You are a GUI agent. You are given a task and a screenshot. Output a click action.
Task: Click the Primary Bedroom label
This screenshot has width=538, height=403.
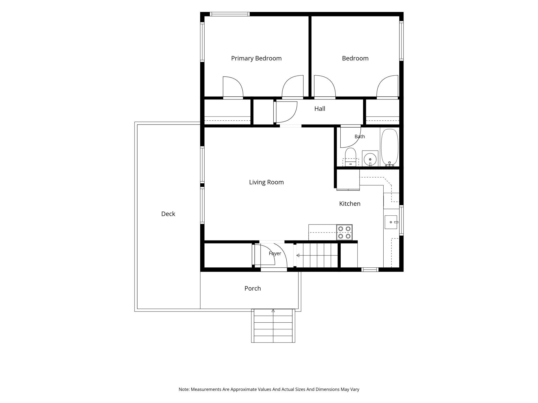[x=256, y=58]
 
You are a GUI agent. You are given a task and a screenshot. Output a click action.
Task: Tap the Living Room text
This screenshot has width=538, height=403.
[x=266, y=182]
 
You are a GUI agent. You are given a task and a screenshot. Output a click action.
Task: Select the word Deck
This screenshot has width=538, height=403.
[x=168, y=214]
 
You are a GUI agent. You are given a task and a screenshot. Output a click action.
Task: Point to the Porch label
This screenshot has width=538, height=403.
[x=253, y=288]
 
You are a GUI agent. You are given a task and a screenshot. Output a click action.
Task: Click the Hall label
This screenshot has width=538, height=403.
[x=320, y=109]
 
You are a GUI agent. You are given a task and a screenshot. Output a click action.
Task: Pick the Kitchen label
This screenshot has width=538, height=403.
[x=350, y=204]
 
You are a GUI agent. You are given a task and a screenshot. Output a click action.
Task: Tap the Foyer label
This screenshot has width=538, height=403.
[x=275, y=253]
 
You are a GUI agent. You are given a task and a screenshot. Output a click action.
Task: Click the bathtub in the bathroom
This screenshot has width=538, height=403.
[x=390, y=147]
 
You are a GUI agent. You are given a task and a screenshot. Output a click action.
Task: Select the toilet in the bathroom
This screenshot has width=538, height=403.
[x=350, y=157]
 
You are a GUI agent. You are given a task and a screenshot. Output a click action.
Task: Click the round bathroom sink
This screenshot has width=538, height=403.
[x=370, y=159]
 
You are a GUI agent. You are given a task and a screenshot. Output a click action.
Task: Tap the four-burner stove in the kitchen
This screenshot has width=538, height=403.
[x=344, y=233]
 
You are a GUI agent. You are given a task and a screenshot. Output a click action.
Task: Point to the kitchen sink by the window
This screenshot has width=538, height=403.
[x=391, y=222]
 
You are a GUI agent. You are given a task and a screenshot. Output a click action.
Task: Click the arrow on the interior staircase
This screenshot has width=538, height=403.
[x=317, y=255]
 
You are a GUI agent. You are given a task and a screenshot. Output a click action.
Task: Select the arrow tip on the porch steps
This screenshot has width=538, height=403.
[x=273, y=309]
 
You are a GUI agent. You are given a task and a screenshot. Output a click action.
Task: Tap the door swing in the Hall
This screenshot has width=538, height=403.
[x=286, y=112]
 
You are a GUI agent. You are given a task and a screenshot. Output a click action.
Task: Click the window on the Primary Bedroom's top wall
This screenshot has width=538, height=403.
[x=230, y=14]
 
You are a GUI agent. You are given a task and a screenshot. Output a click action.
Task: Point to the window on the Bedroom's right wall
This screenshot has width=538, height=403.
[x=401, y=41]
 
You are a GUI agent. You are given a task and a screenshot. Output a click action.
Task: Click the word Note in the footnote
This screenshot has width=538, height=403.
[x=184, y=389]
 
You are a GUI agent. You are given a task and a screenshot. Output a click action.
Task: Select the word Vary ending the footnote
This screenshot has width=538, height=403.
[x=355, y=389]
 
